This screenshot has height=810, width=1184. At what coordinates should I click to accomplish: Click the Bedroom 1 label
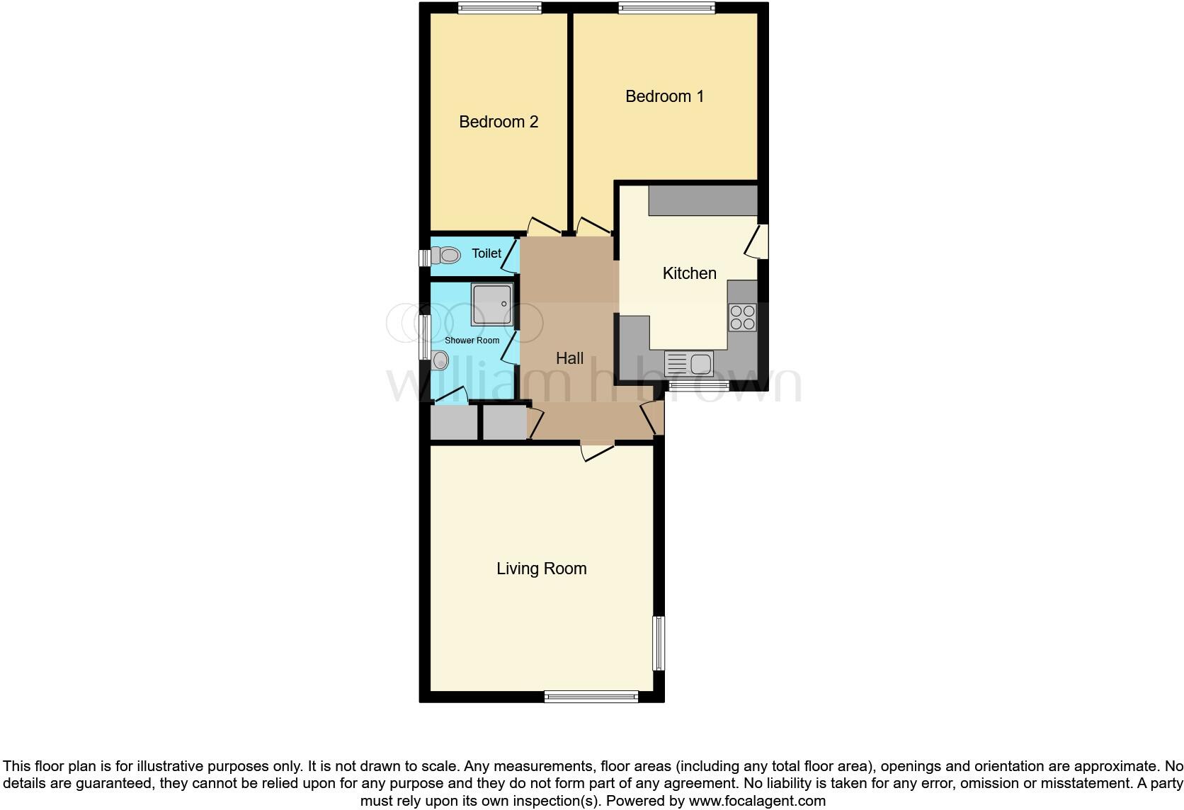coord(664,96)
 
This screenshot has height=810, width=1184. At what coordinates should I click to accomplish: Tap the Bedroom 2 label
coord(499,122)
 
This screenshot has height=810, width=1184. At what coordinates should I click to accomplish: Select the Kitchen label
coord(689,273)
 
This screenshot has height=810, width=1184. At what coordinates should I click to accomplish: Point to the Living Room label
coord(541,569)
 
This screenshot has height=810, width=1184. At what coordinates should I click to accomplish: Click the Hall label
coord(569,358)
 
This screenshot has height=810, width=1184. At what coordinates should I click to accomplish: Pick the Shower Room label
coord(472,341)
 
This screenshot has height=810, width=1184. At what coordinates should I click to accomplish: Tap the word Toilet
coord(486,253)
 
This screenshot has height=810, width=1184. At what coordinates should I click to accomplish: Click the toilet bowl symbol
coord(445,255)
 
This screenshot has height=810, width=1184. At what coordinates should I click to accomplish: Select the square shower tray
coord(491,304)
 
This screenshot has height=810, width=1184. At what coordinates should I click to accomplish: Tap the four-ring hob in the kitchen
coord(742,317)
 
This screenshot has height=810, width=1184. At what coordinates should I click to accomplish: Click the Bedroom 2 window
coord(499,8)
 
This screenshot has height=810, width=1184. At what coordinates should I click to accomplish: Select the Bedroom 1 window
coord(666,8)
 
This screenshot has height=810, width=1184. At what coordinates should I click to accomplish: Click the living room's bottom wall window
coord(591,697)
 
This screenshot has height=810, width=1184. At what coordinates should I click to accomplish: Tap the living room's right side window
coord(659,643)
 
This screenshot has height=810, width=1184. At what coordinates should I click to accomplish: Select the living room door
coord(597,450)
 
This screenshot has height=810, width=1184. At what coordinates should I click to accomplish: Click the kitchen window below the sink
coord(699,385)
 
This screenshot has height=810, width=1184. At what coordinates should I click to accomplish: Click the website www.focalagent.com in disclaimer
coord(757,801)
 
